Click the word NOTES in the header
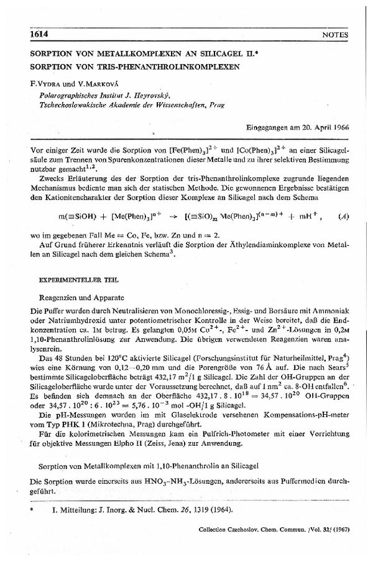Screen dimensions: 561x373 point(336,35)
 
